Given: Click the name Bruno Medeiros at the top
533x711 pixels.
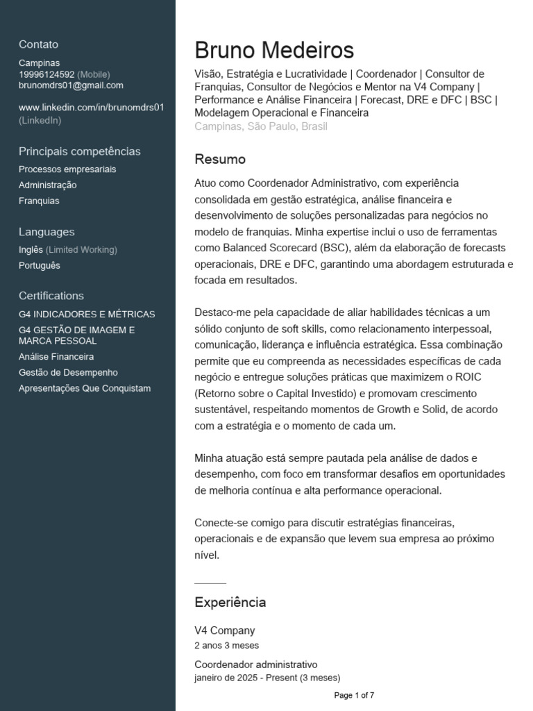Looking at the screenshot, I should coord(274,50).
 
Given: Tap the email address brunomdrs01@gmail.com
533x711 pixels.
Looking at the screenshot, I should coord(71,85).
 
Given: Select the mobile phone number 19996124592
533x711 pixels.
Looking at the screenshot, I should coord(46,74).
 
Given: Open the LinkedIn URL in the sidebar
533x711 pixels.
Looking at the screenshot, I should coord(91,108).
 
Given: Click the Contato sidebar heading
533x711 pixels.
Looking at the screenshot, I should coord(39,44).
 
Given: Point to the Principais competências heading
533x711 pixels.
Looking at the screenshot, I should coord(80,151).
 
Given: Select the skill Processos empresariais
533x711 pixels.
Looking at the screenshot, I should coord(67,169).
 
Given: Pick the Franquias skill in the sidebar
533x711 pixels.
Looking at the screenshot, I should coord(39,201).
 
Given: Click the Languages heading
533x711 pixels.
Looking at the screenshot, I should coord(46,232).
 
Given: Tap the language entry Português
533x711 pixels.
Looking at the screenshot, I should coord(40,265).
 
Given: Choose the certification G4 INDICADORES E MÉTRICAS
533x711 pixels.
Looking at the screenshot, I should coord(87,315).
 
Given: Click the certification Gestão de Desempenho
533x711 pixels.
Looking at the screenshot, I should coord(68,373).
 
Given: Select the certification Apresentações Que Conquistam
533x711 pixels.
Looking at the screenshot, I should coord(85,389).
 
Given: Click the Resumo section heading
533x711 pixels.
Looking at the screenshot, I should coord(220,160).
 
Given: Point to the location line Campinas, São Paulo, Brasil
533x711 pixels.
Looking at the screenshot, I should coord(261,126).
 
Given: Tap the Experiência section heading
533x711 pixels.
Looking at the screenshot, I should coord(230,603).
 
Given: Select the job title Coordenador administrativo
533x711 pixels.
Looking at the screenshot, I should coord(255,664).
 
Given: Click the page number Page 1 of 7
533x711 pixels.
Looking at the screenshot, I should coord(354,695).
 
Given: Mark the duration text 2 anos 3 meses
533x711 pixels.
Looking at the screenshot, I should coord(227,646).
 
